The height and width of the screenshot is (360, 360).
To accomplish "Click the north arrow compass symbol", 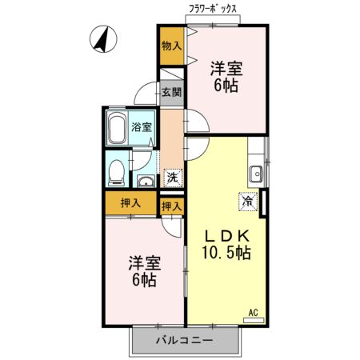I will (102, 38).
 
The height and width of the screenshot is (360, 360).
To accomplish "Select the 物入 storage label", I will (171, 46).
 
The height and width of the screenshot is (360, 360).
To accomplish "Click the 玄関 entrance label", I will (171, 92).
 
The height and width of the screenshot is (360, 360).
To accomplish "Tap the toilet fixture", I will (117, 169).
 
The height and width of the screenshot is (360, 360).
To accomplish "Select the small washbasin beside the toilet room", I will (146, 178).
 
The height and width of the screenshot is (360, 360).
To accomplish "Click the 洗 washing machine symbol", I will (171, 178).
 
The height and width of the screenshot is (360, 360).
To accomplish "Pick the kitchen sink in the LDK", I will (257, 171).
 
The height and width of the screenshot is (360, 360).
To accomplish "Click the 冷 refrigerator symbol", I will (248, 202).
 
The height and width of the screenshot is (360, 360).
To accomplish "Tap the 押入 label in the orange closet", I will (130, 203).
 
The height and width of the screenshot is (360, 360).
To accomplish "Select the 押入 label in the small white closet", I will (171, 206).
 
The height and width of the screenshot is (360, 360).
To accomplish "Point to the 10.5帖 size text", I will (226, 254).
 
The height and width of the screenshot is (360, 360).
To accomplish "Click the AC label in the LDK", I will (253, 312).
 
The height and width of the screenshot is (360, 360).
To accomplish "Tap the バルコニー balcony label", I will (184, 342).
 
